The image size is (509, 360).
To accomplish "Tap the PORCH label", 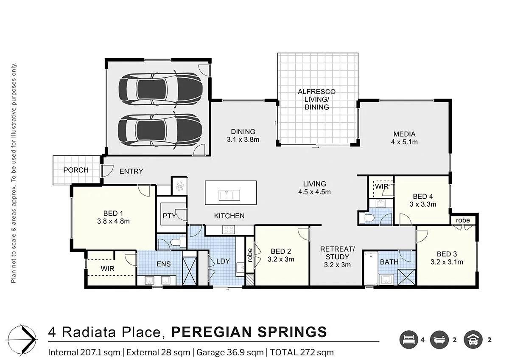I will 76,170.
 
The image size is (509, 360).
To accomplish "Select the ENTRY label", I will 131,172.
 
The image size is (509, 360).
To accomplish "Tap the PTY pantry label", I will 169,216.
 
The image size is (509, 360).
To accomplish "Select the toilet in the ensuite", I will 175,242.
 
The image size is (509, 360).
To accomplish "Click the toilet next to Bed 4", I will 366,218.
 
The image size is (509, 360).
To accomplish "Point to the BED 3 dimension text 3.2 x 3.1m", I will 447,262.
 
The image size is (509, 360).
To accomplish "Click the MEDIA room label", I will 404,134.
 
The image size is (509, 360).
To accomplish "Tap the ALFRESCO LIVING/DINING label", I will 316,99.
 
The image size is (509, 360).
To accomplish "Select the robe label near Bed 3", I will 463,220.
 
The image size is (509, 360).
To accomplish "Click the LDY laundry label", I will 223,261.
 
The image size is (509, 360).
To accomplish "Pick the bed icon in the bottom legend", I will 408,340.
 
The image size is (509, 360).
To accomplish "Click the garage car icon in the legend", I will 473,340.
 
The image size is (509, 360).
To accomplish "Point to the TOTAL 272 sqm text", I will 302,352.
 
